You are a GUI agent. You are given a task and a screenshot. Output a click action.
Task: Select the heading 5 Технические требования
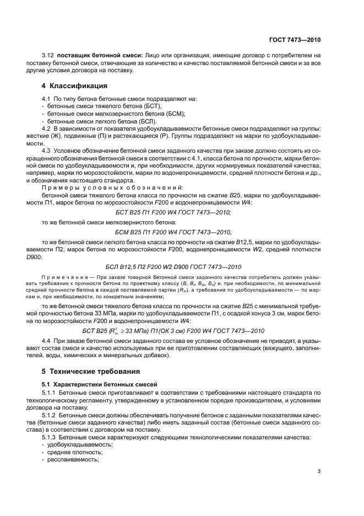[91, 370]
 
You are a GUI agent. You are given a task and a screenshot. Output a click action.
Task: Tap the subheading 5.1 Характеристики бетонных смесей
[100, 383]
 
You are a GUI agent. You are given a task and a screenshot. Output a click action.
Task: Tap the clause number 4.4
[48, 346]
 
